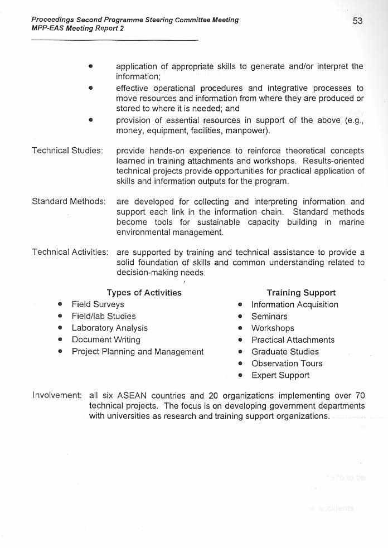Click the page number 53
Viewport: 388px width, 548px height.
point(357,21)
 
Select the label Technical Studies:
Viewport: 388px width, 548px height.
point(67,151)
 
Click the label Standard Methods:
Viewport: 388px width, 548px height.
point(69,201)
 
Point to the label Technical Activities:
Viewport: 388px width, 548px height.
point(70,252)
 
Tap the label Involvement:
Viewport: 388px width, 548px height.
point(57,395)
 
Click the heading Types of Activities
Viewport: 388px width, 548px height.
point(144,293)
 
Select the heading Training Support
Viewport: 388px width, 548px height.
point(301,293)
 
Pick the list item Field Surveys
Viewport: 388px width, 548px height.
point(98,304)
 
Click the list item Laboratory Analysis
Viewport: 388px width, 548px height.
point(109,328)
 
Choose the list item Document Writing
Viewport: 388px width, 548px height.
point(106,340)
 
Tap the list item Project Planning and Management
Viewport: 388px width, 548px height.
point(137,352)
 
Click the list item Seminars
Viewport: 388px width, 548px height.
point(269,317)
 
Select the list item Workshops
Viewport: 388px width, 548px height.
point(273,328)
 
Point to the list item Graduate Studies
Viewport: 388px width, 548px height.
point(285,352)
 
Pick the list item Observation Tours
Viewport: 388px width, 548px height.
point(287,363)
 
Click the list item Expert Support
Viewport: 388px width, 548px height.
point(280,375)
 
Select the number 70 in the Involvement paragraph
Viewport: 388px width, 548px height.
point(360,395)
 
